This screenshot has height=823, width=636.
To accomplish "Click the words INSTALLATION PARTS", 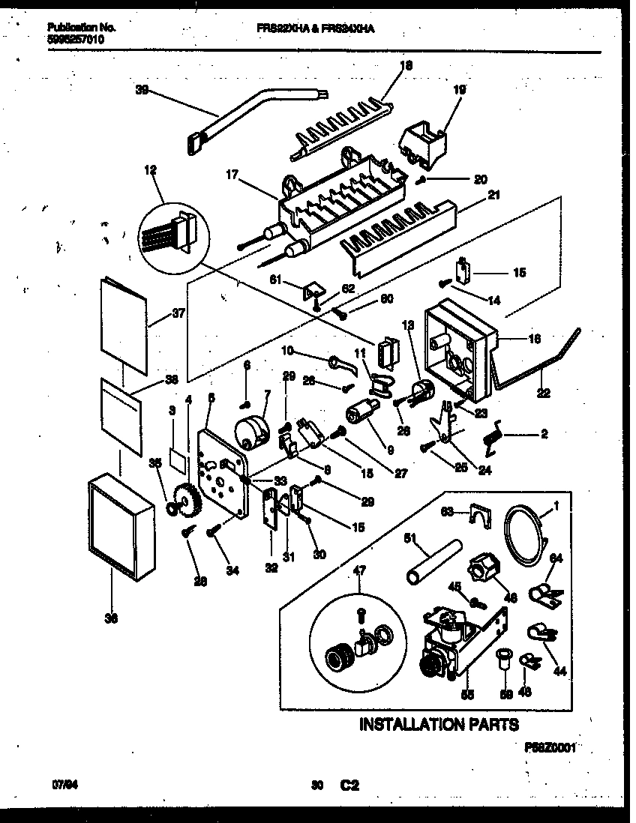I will tap(439, 724).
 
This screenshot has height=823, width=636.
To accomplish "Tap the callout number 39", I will tap(142, 91).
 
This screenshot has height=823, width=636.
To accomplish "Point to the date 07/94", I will tap(65, 785).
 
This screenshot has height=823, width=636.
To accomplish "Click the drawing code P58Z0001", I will tap(553, 747).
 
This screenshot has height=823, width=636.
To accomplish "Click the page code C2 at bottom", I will tap(349, 786).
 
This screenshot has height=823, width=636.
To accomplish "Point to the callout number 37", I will tap(178, 313).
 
